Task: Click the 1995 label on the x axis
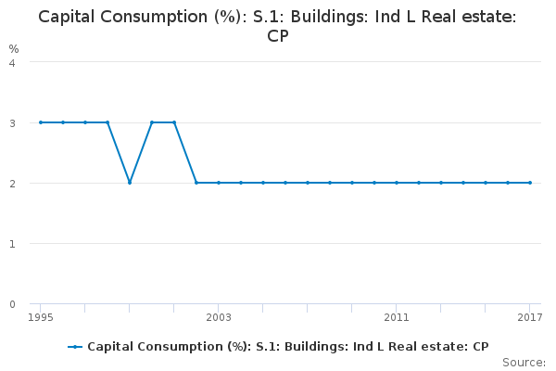(x=41, y=318)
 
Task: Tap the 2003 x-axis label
(x=219, y=318)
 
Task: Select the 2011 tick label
(x=397, y=318)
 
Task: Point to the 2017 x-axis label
(x=529, y=318)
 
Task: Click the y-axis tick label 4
(x=12, y=62)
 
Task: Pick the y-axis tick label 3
(x=12, y=122)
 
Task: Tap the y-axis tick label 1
(x=12, y=244)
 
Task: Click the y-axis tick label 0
(x=12, y=304)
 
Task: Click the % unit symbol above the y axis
(x=14, y=48)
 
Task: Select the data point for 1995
(x=41, y=122)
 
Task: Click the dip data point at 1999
(x=130, y=183)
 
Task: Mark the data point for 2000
(x=152, y=122)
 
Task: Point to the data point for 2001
(x=174, y=122)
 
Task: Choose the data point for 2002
(x=196, y=183)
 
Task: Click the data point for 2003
(x=219, y=183)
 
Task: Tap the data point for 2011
(x=397, y=183)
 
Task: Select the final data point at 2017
(x=530, y=183)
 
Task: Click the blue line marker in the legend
(x=75, y=347)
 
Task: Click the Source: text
(x=524, y=362)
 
